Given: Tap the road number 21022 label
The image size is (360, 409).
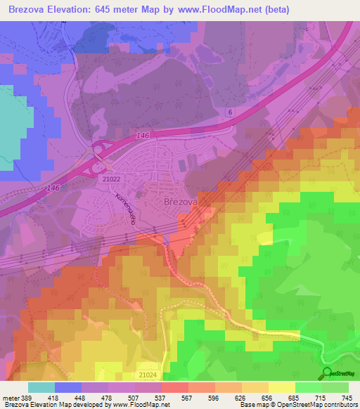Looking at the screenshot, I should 111,179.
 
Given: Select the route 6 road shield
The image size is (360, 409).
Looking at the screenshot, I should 229,112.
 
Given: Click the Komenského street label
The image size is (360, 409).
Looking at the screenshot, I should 125,208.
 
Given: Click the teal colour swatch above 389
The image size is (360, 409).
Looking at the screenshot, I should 41,387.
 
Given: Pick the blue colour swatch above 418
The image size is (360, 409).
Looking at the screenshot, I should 68,387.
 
